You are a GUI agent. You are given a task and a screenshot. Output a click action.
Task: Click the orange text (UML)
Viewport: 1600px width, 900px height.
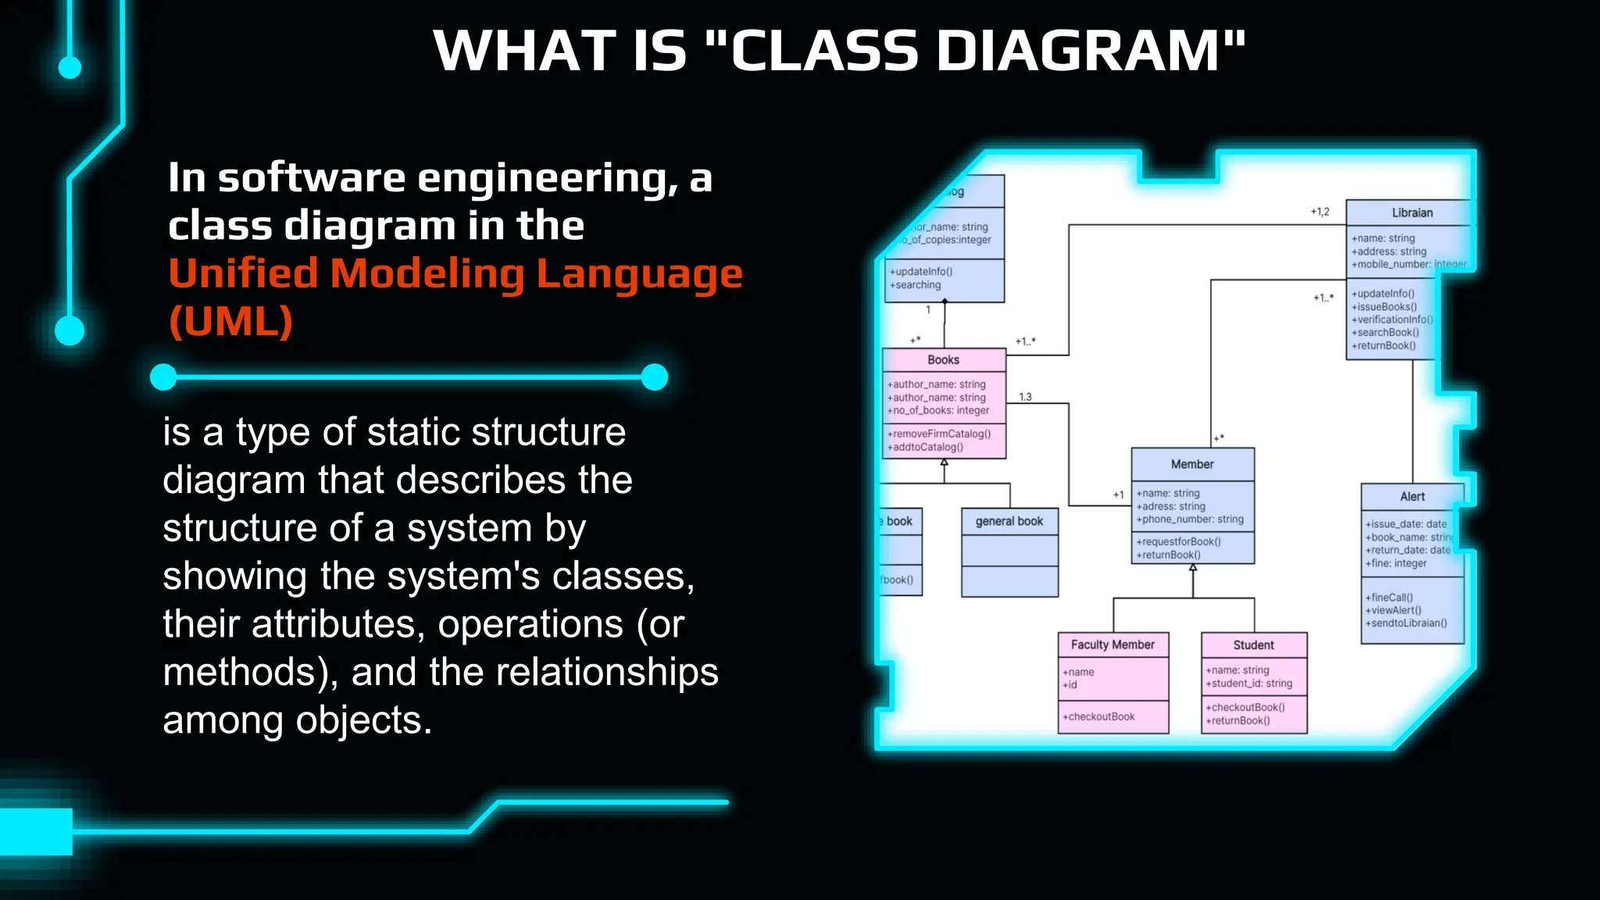pos(231,321)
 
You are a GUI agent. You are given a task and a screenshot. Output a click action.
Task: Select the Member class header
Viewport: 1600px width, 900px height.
pos(1192,464)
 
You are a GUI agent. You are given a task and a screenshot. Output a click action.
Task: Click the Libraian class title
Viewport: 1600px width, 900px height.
pos(1412,212)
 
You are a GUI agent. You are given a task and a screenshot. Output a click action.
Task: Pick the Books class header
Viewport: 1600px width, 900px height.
pos(943,360)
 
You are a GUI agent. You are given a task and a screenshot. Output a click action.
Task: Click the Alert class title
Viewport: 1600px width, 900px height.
pos(1412,497)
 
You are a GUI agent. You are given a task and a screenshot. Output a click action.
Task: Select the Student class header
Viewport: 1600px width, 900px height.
pos(1253,645)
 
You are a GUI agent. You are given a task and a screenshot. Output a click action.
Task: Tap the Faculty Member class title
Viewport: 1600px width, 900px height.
pos(1112,645)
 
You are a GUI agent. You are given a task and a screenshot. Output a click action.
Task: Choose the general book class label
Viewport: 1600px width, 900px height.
pos(1009,521)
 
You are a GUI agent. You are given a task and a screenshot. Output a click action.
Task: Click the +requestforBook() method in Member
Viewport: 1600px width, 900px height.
pos(1178,541)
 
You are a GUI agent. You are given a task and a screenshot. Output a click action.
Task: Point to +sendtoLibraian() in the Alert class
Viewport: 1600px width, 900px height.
pos(1405,623)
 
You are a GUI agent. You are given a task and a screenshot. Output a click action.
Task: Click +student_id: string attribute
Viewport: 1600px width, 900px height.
pos(1248,684)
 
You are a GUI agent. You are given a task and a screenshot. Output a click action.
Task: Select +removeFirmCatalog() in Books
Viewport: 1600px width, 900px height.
pos(938,434)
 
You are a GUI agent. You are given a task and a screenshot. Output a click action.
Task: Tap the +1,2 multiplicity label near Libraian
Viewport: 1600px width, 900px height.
pos(1320,212)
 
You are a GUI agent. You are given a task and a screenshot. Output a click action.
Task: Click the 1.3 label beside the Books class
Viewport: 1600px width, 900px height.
pos(1025,397)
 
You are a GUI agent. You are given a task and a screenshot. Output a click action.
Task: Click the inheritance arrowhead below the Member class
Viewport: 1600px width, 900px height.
pos(1193,569)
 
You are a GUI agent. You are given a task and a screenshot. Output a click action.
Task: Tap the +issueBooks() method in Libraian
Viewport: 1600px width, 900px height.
pos(1384,307)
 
